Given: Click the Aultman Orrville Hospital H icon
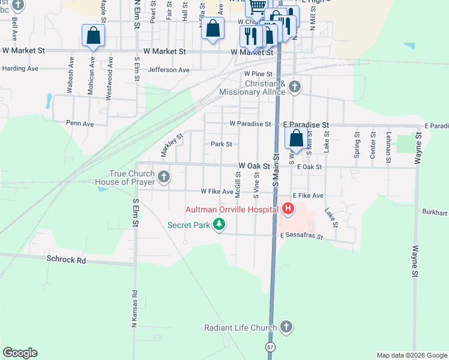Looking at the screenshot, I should [288, 209].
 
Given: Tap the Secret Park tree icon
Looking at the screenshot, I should [220, 225].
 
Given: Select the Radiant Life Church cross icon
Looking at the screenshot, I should [286, 327].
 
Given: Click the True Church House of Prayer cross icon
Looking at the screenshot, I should [164, 177].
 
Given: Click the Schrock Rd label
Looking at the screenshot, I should [66, 260].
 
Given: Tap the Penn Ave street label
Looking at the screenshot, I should [80, 124].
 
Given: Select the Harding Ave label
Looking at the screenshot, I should [20, 68].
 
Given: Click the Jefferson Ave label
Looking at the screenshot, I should [169, 70].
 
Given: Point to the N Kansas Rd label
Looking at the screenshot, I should [135, 304].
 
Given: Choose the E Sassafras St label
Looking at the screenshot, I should [301, 237].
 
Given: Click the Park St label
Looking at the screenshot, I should [221, 144].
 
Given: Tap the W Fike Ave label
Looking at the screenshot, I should [217, 192].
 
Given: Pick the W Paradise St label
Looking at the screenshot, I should [250, 124].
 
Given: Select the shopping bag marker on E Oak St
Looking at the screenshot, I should [297, 139].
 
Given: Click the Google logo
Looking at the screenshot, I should [20, 353].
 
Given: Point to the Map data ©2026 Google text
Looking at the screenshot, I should [411, 355].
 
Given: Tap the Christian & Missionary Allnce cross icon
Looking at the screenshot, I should [294, 86].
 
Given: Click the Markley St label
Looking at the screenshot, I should [171, 145].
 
